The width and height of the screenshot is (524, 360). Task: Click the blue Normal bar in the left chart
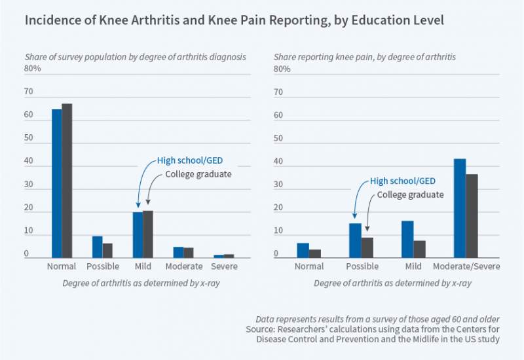pos(56,183)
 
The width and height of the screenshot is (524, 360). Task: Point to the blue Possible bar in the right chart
pos(355,240)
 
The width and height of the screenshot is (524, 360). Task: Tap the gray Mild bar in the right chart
pos(419,249)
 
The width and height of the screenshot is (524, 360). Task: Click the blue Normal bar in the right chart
pos(303,250)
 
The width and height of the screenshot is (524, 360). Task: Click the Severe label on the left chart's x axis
pos(224,266)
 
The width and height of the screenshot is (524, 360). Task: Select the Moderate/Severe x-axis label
pos(466,266)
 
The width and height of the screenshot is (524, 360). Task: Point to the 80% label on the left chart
pos(33,69)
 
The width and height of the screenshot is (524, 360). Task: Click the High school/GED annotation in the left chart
pos(186,160)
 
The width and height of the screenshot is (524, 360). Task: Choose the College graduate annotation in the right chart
pos(410,194)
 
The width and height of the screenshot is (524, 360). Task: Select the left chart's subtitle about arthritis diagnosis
pos(135,57)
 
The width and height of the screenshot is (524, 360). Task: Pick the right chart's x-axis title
pos(392,283)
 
